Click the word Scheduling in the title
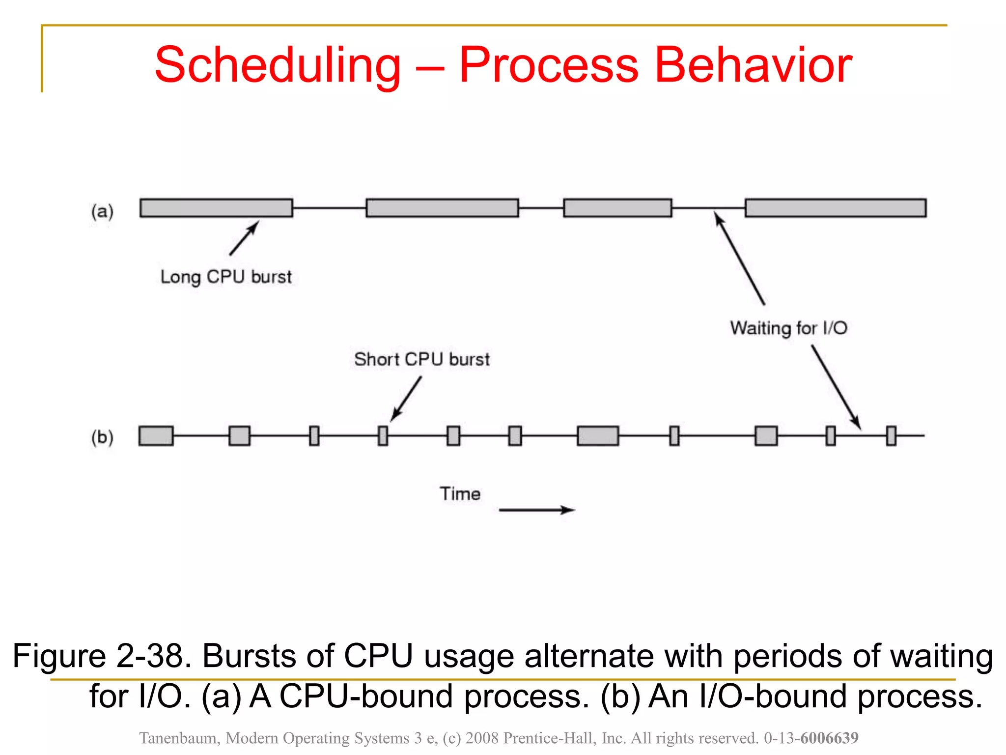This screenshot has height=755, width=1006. click(x=278, y=65)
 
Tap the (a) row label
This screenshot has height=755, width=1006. click(x=102, y=211)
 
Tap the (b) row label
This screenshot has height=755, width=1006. click(x=102, y=437)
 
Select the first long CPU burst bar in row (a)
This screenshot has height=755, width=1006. click(x=216, y=208)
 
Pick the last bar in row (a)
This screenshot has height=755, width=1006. click(x=835, y=208)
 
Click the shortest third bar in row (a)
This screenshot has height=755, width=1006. click(x=617, y=208)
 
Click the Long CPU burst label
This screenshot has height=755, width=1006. click(x=226, y=277)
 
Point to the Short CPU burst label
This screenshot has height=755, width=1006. click(x=422, y=359)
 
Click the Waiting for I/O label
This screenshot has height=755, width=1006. click(x=788, y=328)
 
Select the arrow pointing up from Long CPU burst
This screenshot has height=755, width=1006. click(x=244, y=238)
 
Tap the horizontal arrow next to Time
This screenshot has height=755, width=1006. click(x=536, y=510)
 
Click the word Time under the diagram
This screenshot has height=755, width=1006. click(x=460, y=494)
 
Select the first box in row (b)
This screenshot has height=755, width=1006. click(x=156, y=436)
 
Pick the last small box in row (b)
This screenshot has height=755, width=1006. click(x=891, y=436)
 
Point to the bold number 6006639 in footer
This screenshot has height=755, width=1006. click(x=829, y=738)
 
